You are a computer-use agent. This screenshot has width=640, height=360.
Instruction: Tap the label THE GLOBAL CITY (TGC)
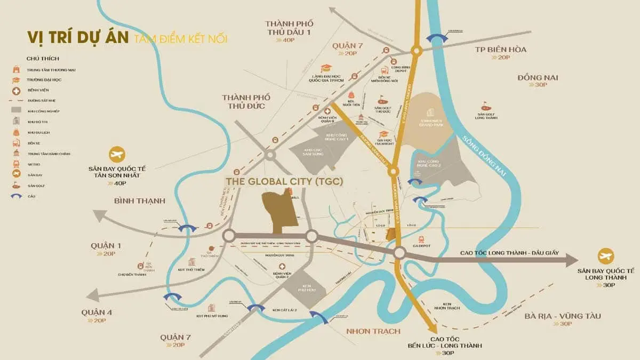point(284,182)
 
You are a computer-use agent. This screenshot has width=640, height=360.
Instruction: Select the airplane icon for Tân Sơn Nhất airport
point(116,155)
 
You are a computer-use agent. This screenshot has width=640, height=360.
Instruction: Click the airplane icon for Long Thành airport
point(605,255)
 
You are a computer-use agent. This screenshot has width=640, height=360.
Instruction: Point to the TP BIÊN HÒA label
point(500,50)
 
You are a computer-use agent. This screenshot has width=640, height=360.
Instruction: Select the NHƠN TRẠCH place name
point(373,331)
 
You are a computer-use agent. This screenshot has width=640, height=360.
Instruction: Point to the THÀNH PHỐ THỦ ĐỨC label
point(246,101)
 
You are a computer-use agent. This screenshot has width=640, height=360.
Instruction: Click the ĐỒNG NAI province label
point(537,77)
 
